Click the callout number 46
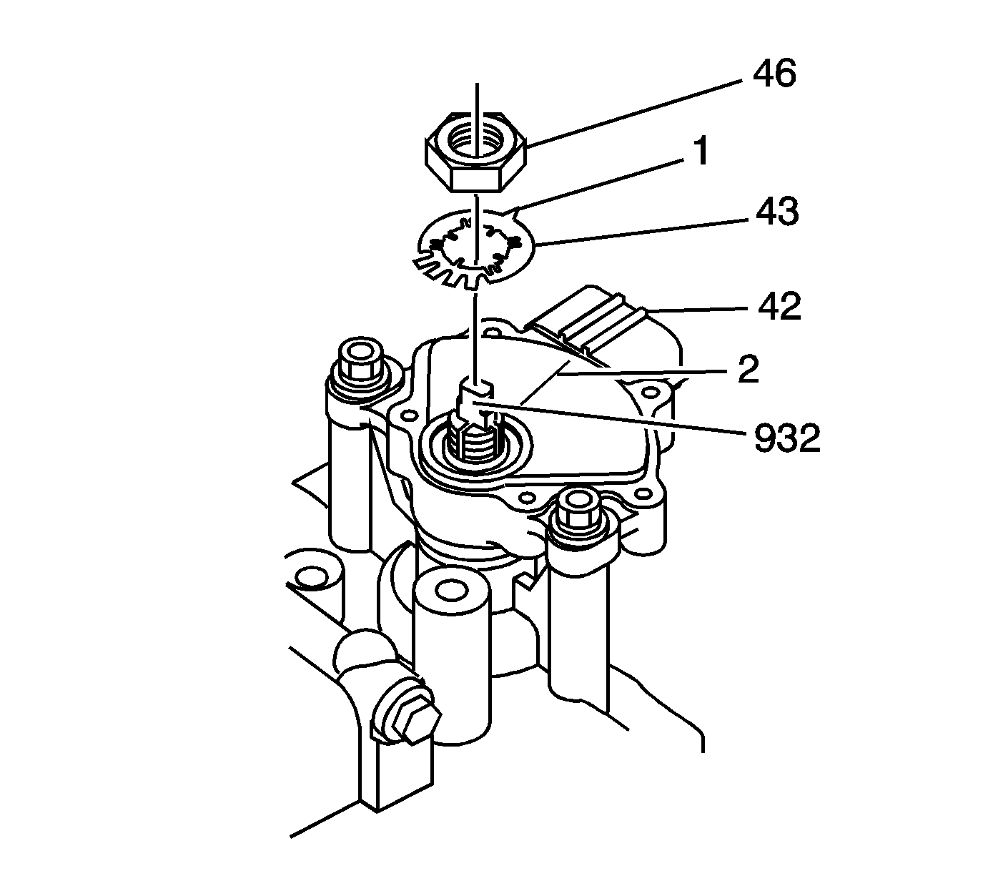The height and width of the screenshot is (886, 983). click(x=774, y=74)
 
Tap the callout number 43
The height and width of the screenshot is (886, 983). click(x=777, y=212)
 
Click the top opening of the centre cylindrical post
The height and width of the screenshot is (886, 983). click(x=450, y=591)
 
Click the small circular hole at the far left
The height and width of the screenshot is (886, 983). click(x=310, y=576)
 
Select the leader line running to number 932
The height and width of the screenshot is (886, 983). click(x=615, y=422)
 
